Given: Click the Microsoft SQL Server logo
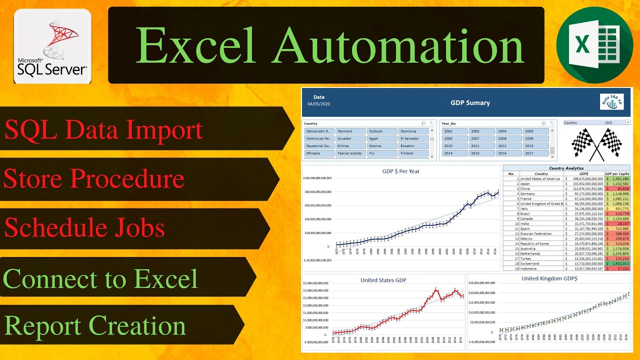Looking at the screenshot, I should click(x=52, y=46).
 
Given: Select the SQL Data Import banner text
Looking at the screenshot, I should click(x=104, y=129).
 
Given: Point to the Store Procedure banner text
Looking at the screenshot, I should click(x=94, y=178).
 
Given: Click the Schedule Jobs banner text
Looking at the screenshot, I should click(x=84, y=227).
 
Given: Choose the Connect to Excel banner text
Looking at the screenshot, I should click(x=100, y=278).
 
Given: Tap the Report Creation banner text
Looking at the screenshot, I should click(x=95, y=326).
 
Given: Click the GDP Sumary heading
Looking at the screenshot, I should click(x=470, y=103).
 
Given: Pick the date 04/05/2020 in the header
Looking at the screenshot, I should click(x=319, y=104).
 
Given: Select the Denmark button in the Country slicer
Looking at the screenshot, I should click(x=350, y=131).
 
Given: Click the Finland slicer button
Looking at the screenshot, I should click(x=414, y=153).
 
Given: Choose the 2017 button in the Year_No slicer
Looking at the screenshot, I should click(x=535, y=153).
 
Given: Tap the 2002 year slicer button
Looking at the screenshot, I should click(x=454, y=131).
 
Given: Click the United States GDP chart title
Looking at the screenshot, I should click(x=383, y=280).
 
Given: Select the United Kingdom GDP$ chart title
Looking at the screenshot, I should click(x=549, y=278).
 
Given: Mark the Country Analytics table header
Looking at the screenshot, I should click(x=566, y=168).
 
